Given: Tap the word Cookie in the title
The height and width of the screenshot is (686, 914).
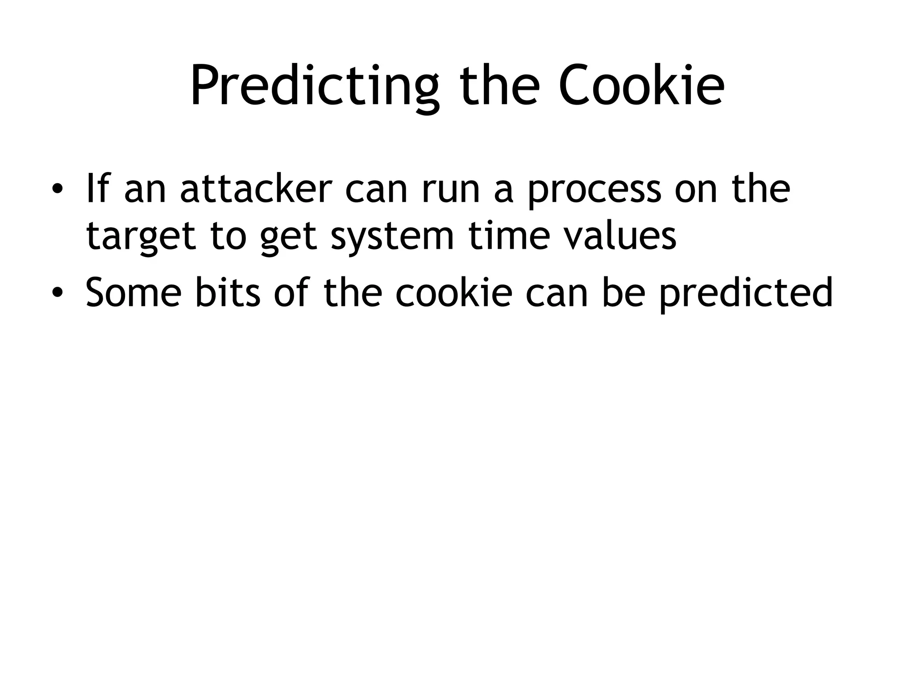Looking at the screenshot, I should [x=641, y=86].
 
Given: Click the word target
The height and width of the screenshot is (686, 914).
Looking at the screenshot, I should [x=141, y=237].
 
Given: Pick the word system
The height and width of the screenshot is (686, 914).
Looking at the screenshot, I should [x=392, y=237].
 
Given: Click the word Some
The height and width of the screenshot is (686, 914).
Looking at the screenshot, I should [x=133, y=293].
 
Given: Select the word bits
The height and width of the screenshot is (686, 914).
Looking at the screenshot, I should [x=228, y=293].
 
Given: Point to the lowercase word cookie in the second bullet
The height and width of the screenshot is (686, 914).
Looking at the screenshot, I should [x=453, y=293].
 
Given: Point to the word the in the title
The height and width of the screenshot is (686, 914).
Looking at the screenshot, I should [x=498, y=86].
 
